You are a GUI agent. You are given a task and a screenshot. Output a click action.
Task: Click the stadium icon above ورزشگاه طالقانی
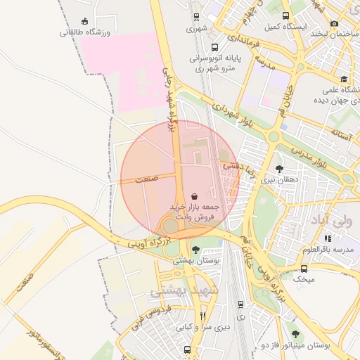tap(85, 20)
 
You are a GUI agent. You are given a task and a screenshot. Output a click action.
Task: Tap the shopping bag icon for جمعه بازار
tap(194, 196)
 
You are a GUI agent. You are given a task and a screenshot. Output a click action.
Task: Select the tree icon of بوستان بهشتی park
tap(195, 250)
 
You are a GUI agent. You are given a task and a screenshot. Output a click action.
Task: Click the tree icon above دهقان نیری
tap(280, 169)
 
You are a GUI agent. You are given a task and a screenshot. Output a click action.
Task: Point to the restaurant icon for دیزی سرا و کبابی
tap(203, 316)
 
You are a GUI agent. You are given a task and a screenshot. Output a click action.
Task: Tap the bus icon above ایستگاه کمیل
tap(285, 15)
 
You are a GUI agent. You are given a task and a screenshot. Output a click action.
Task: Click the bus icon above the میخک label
tap(304, 269)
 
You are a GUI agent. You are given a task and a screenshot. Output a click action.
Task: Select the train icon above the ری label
tap(241, 304)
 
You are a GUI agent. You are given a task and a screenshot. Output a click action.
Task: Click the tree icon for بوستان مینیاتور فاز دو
tap(295, 334)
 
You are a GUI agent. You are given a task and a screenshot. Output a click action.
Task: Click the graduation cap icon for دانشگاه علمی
tap(343, 79)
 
